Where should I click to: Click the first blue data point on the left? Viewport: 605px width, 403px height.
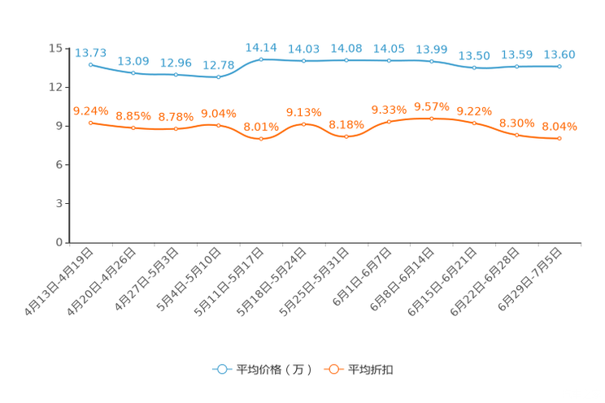[x=90, y=63]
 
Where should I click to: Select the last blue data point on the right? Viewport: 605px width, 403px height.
[x=559, y=67]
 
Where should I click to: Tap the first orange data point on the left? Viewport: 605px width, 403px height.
[x=90, y=123]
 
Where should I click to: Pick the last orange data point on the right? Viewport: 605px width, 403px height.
[x=559, y=139]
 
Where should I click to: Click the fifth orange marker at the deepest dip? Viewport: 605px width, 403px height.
[x=261, y=139]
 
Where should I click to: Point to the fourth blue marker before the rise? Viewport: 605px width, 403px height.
[x=218, y=77]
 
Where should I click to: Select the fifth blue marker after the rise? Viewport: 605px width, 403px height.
[x=261, y=59]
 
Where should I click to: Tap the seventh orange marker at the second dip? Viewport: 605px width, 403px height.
[x=346, y=136]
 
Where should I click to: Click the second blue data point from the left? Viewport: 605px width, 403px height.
[x=133, y=74]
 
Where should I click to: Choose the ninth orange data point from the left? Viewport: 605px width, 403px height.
[x=432, y=119]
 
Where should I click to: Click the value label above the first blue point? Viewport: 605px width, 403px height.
[x=90, y=53]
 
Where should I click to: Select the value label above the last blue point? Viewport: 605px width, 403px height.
[x=559, y=54]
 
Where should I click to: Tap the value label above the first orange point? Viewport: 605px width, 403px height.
[x=90, y=111]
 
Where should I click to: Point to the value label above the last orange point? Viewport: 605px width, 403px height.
[x=559, y=127]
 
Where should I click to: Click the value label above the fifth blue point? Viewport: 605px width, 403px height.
[x=261, y=48]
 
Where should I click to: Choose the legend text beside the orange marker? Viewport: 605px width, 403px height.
[x=371, y=370]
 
